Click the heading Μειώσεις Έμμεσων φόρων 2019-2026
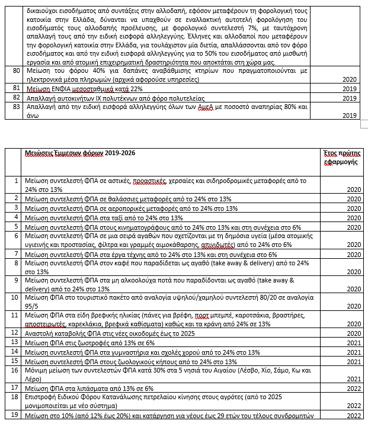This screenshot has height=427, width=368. pyautogui.click(x=79, y=152)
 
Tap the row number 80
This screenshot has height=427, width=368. pyautogui.click(x=17, y=70)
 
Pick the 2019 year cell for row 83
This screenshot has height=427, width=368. pyautogui.click(x=350, y=116)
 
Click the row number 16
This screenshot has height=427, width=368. pyautogui.click(x=17, y=370)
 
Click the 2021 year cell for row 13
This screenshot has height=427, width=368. pyautogui.click(x=350, y=343)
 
